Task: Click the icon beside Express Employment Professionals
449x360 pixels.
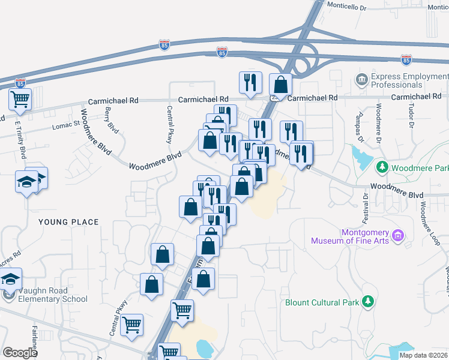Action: pos(362,79)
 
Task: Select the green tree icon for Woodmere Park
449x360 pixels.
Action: pos(380,166)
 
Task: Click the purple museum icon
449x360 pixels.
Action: pos(397,235)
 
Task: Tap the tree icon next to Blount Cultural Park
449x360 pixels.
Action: pos(371,302)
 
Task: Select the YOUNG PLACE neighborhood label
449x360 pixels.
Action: pos(68,222)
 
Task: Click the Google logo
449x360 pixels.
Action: pos(20,352)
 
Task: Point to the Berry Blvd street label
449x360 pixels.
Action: pos(112,118)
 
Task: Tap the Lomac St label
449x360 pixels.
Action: pos(66,125)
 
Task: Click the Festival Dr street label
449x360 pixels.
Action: pos(366,204)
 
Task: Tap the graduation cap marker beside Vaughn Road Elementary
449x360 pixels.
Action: pos(10,280)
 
